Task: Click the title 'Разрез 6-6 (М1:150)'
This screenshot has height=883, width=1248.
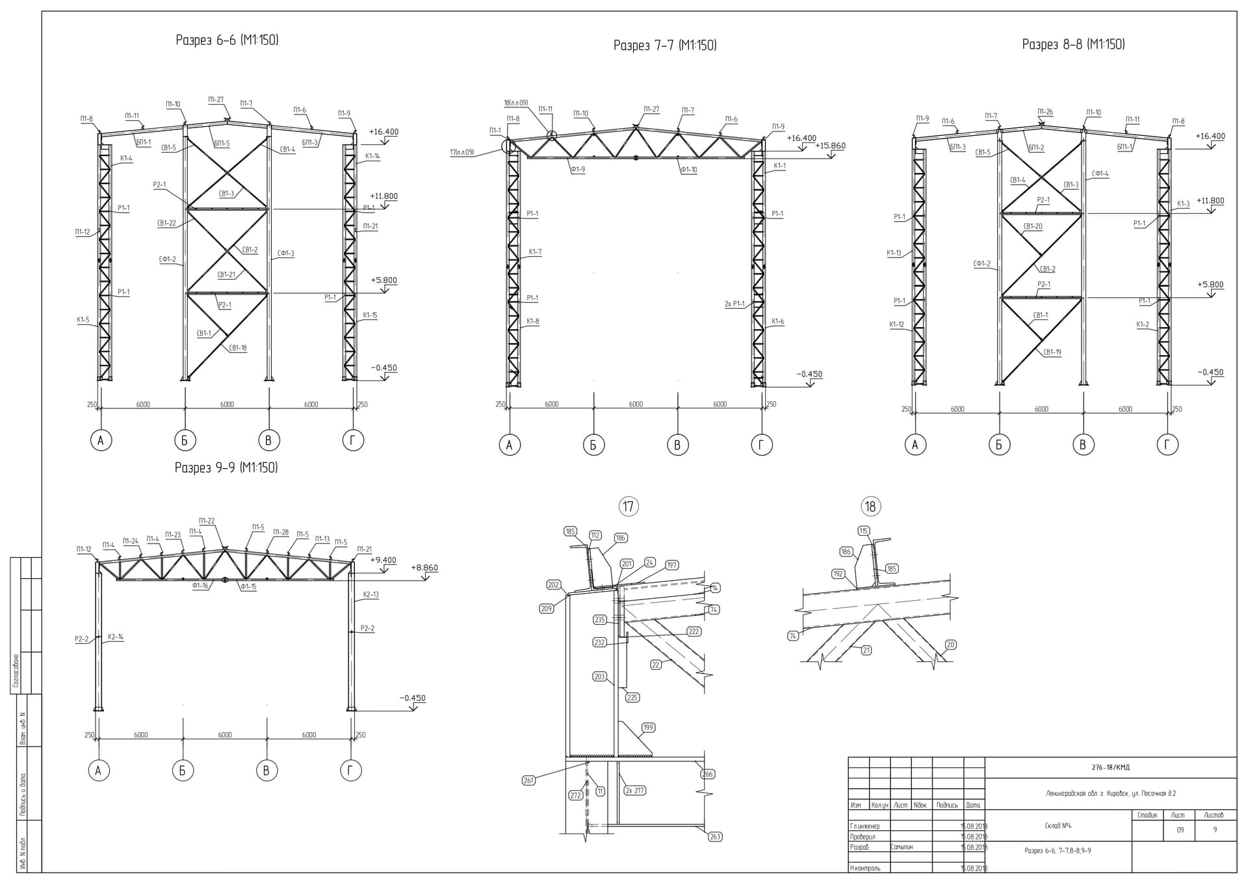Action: click(x=227, y=40)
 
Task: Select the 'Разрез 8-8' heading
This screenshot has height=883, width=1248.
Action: click(x=1073, y=44)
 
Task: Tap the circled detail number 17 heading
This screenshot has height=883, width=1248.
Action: click(x=628, y=507)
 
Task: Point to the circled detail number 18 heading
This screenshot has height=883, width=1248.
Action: click(x=870, y=507)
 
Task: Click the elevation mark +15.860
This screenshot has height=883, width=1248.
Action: click(x=830, y=146)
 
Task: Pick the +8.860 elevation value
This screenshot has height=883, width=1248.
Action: click(x=426, y=568)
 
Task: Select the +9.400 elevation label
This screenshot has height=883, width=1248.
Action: click(x=383, y=560)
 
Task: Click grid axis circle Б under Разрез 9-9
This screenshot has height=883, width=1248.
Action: click(x=183, y=771)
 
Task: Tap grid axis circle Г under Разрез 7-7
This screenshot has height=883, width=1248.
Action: click(x=761, y=445)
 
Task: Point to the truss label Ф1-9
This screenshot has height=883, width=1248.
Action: click(x=577, y=170)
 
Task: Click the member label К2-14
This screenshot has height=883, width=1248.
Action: click(x=115, y=637)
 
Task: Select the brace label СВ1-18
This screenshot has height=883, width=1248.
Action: click(x=238, y=348)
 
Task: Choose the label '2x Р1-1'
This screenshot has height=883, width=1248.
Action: click(x=734, y=304)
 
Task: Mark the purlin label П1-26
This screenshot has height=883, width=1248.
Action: click(x=1045, y=112)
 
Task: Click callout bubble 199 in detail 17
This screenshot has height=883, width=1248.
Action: click(x=648, y=728)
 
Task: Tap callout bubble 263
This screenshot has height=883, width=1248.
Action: click(x=715, y=837)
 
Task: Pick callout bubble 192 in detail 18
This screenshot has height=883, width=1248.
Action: click(x=838, y=574)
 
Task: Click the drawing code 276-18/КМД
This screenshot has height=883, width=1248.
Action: click(x=1111, y=767)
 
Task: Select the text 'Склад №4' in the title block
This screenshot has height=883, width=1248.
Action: click(x=1058, y=826)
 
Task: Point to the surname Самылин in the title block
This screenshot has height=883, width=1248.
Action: click(x=902, y=847)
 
